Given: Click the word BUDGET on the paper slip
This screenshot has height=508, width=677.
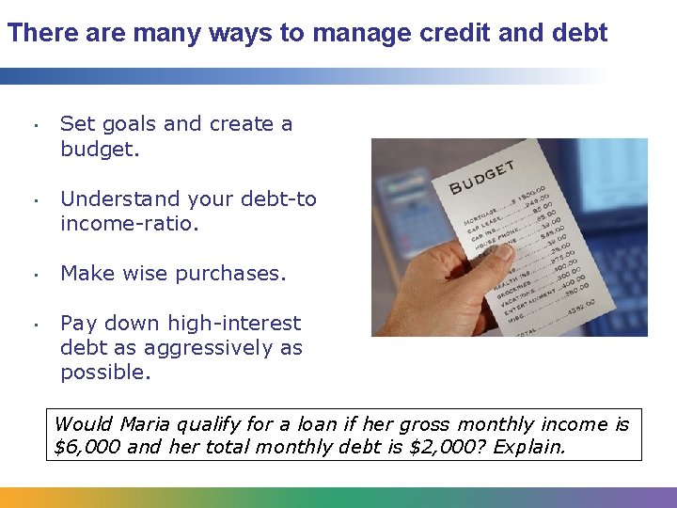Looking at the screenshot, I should [x=482, y=176].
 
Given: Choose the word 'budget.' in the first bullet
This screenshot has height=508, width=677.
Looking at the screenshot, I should [x=100, y=149].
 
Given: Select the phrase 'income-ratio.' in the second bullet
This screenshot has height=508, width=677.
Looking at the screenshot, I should [x=130, y=224].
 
